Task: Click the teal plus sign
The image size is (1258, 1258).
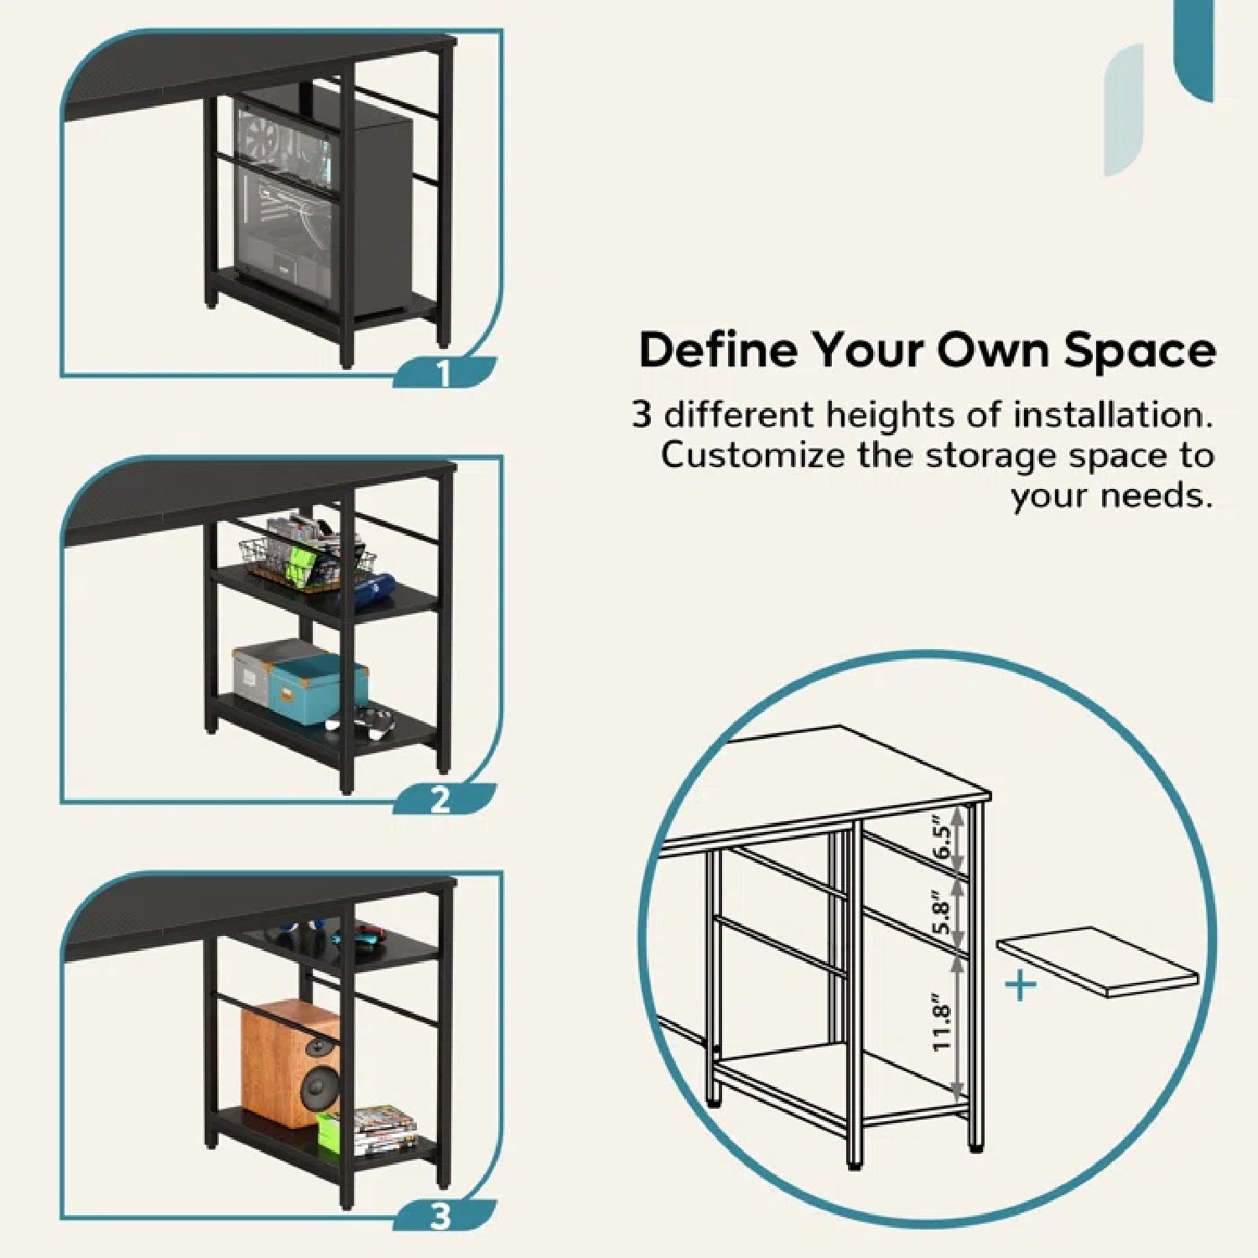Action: pos(1021,985)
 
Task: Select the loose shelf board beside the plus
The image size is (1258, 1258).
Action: pos(1097,961)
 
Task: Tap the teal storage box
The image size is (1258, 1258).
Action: pos(319,689)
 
